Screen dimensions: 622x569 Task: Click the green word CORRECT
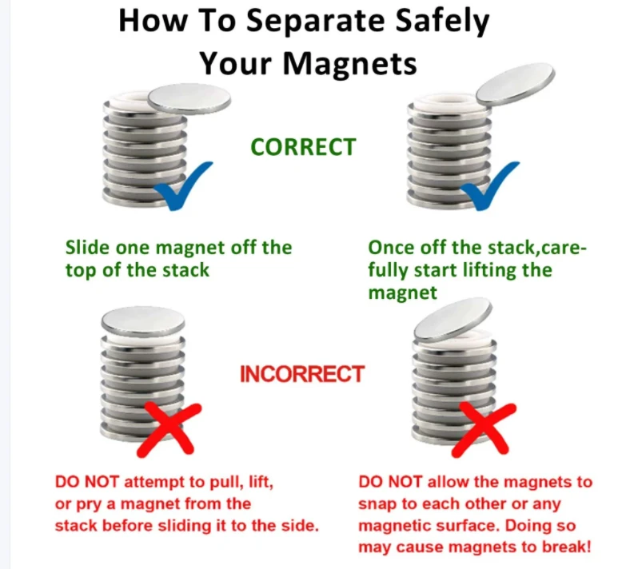pyautogui.click(x=303, y=147)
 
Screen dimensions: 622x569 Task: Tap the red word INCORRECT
pyautogui.click(x=302, y=374)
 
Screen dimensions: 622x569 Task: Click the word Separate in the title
pyautogui.click(x=315, y=21)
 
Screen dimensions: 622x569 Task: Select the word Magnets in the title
pyautogui.click(x=349, y=63)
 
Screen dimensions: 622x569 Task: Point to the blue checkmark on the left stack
pyautogui.click(x=183, y=185)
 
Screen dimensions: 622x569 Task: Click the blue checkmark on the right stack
pyautogui.click(x=490, y=185)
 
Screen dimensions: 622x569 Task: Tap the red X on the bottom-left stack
pyautogui.click(x=169, y=429)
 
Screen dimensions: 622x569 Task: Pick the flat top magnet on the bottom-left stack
pyautogui.click(x=143, y=320)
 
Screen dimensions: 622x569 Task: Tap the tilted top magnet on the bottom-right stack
pyautogui.click(x=453, y=320)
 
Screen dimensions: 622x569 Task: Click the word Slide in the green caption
pyautogui.click(x=87, y=248)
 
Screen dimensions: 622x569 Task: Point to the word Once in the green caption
pyautogui.click(x=392, y=248)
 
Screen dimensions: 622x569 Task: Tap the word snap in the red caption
pyautogui.click(x=377, y=504)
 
